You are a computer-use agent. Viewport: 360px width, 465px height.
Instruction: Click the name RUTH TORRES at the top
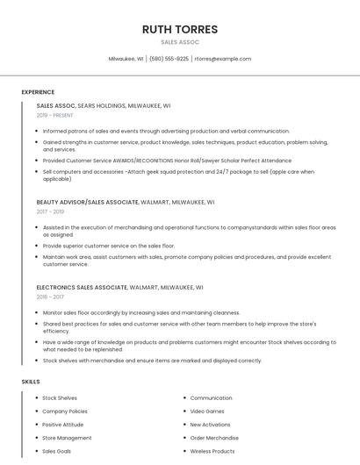(180, 29)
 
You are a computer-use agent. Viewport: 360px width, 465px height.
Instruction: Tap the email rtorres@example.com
(223, 59)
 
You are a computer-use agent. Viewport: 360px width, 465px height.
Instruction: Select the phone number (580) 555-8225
(169, 59)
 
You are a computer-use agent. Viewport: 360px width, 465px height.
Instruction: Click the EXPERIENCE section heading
(38, 92)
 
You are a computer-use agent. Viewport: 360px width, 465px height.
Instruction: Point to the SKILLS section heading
(31, 382)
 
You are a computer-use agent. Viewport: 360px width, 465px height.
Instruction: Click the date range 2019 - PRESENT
(55, 115)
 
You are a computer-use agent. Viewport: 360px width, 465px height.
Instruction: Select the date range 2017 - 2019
(50, 211)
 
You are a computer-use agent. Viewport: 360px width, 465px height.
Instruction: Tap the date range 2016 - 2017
(50, 297)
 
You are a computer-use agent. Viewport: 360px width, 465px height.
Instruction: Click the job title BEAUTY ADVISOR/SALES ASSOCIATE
(87, 202)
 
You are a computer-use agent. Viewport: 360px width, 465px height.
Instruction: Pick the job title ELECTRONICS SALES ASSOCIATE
(82, 287)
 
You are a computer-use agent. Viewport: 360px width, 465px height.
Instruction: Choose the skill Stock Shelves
(60, 398)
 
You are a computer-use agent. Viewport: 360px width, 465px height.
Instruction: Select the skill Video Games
(207, 411)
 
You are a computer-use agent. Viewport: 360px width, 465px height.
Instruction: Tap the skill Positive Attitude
(64, 425)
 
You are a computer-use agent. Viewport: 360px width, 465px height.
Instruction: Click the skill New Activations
(212, 425)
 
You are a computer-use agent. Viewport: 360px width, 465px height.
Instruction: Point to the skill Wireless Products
(212, 451)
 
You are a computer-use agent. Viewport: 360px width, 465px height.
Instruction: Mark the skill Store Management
(67, 438)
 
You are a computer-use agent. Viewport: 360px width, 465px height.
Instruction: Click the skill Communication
(211, 398)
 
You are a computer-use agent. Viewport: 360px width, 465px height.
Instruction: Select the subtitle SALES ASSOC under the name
(180, 42)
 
